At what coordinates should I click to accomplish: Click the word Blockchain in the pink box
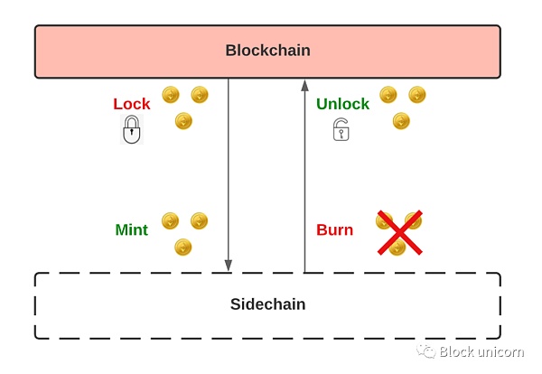pyautogui.click(x=267, y=51)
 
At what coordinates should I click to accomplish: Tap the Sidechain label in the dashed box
pyautogui.click(x=267, y=304)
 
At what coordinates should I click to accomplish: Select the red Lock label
pyautogui.click(x=132, y=104)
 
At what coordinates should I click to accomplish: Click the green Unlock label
pyautogui.click(x=342, y=104)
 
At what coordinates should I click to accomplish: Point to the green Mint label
pyautogui.click(x=131, y=229)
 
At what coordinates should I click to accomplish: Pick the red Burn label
pyautogui.click(x=334, y=229)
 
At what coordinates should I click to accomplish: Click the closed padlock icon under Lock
pyautogui.click(x=132, y=130)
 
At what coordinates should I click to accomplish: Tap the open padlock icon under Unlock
pyautogui.click(x=341, y=130)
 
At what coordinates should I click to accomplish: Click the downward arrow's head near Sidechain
pyautogui.click(x=229, y=265)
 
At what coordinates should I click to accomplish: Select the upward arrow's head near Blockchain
pyautogui.click(x=304, y=85)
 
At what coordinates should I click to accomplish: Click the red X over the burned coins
pyautogui.click(x=399, y=233)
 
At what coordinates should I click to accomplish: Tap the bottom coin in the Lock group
pyautogui.click(x=183, y=121)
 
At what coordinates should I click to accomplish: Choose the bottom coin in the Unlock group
pyautogui.click(x=401, y=121)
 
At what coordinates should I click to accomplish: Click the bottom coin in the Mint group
pyautogui.click(x=183, y=247)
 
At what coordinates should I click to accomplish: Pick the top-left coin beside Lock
pyautogui.click(x=171, y=94)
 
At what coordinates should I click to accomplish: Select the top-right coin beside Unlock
pyautogui.click(x=416, y=94)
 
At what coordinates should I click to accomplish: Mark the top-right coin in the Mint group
pyautogui.click(x=199, y=220)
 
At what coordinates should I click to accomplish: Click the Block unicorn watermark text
pyautogui.click(x=483, y=351)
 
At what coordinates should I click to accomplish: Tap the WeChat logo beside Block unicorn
pyautogui.click(x=426, y=351)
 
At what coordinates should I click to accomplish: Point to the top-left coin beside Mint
pyautogui.click(x=170, y=220)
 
